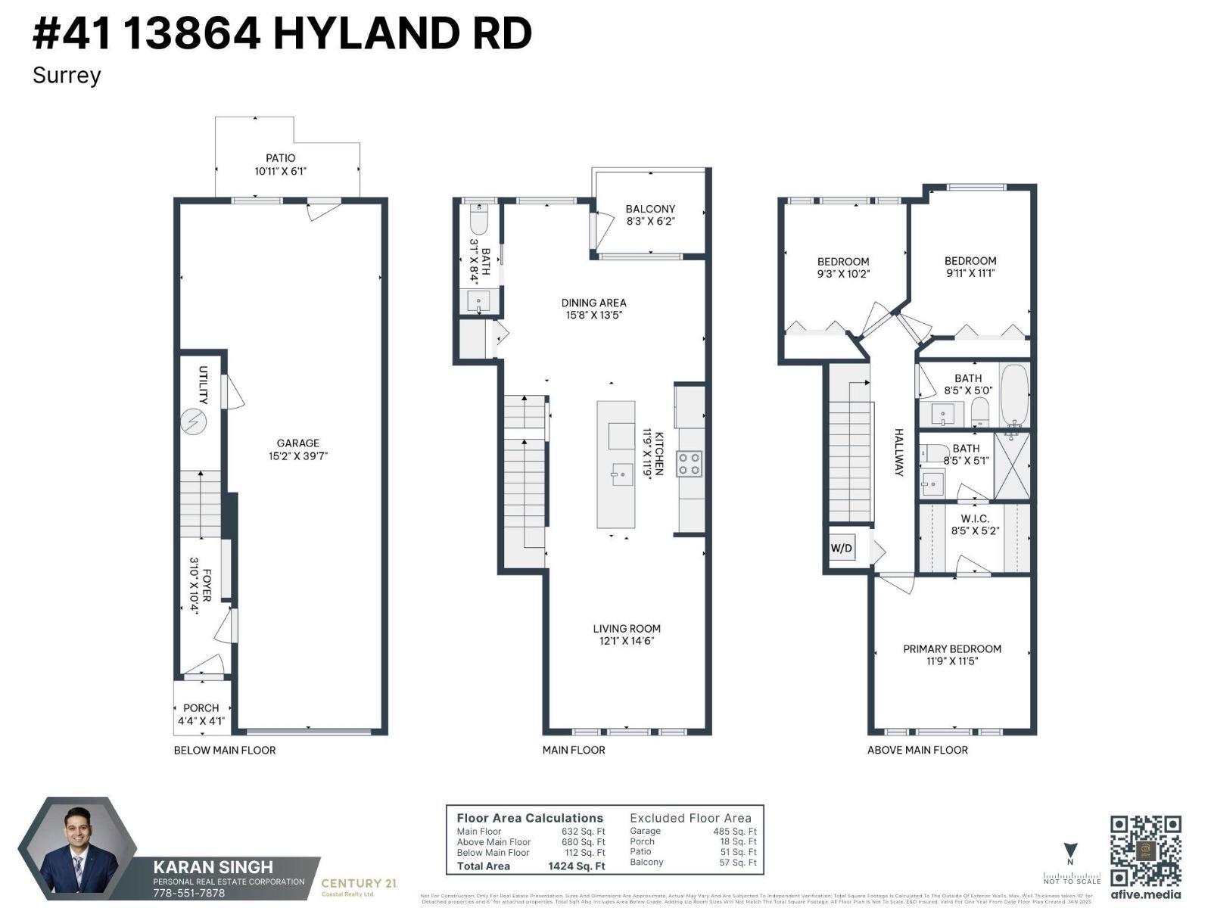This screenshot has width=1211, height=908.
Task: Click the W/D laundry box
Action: pyautogui.click(x=841, y=547)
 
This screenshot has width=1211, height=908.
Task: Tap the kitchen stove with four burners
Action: pyautogui.click(x=689, y=463)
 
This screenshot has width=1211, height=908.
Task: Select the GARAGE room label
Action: pyautogui.click(x=297, y=443)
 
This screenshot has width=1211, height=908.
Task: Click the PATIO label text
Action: pyautogui.click(x=280, y=158)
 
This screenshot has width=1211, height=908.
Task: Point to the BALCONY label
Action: pyautogui.click(x=650, y=209)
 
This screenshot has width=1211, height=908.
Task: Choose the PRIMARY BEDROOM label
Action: pyautogui.click(x=951, y=648)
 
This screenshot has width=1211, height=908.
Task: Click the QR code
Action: pyautogui.click(x=1145, y=850)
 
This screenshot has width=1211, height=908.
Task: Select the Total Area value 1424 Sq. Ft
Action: pyautogui.click(x=576, y=866)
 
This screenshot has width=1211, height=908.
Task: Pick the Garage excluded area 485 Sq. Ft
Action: pyautogui.click(x=734, y=831)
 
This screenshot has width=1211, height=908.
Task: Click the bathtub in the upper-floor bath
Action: pyautogui.click(x=1014, y=396)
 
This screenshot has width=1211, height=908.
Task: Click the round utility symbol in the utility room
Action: pyautogui.click(x=194, y=421)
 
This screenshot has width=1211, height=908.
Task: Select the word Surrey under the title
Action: pyautogui.click(x=67, y=76)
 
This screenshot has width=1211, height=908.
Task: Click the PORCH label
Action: pyautogui.click(x=201, y=708)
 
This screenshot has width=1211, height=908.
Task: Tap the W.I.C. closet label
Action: pyautogui.click(x=974, y=518)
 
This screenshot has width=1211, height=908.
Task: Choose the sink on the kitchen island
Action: pyautogui.click(x=621, y=475)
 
